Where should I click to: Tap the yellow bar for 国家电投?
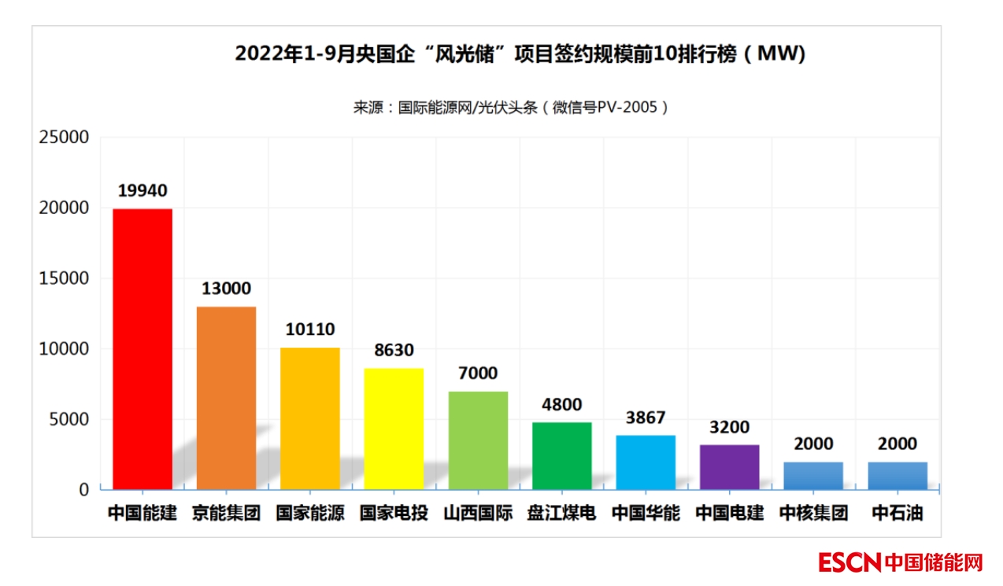coord(394,429)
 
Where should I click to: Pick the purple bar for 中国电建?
coord(729,467)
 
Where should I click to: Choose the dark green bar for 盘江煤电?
coord(561,456)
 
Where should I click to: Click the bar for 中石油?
coord(898,476)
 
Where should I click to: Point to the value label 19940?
coord(142,191)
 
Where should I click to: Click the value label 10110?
coord(310,330)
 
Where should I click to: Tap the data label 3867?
coord(646,418)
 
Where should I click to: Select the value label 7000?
coord(478,374)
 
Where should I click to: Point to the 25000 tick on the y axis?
coord(64,138)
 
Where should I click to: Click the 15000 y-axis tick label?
coord(64,278)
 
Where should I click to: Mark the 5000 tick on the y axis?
coord(68,419)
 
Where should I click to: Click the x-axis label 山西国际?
coord(478,514)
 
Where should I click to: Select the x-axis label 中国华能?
coord(646,514)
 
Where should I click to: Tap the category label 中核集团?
coord(813,514)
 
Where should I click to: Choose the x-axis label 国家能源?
coord(310,514)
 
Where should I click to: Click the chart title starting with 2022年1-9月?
coord(520,54)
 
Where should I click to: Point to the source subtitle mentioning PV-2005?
coord(511,108)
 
